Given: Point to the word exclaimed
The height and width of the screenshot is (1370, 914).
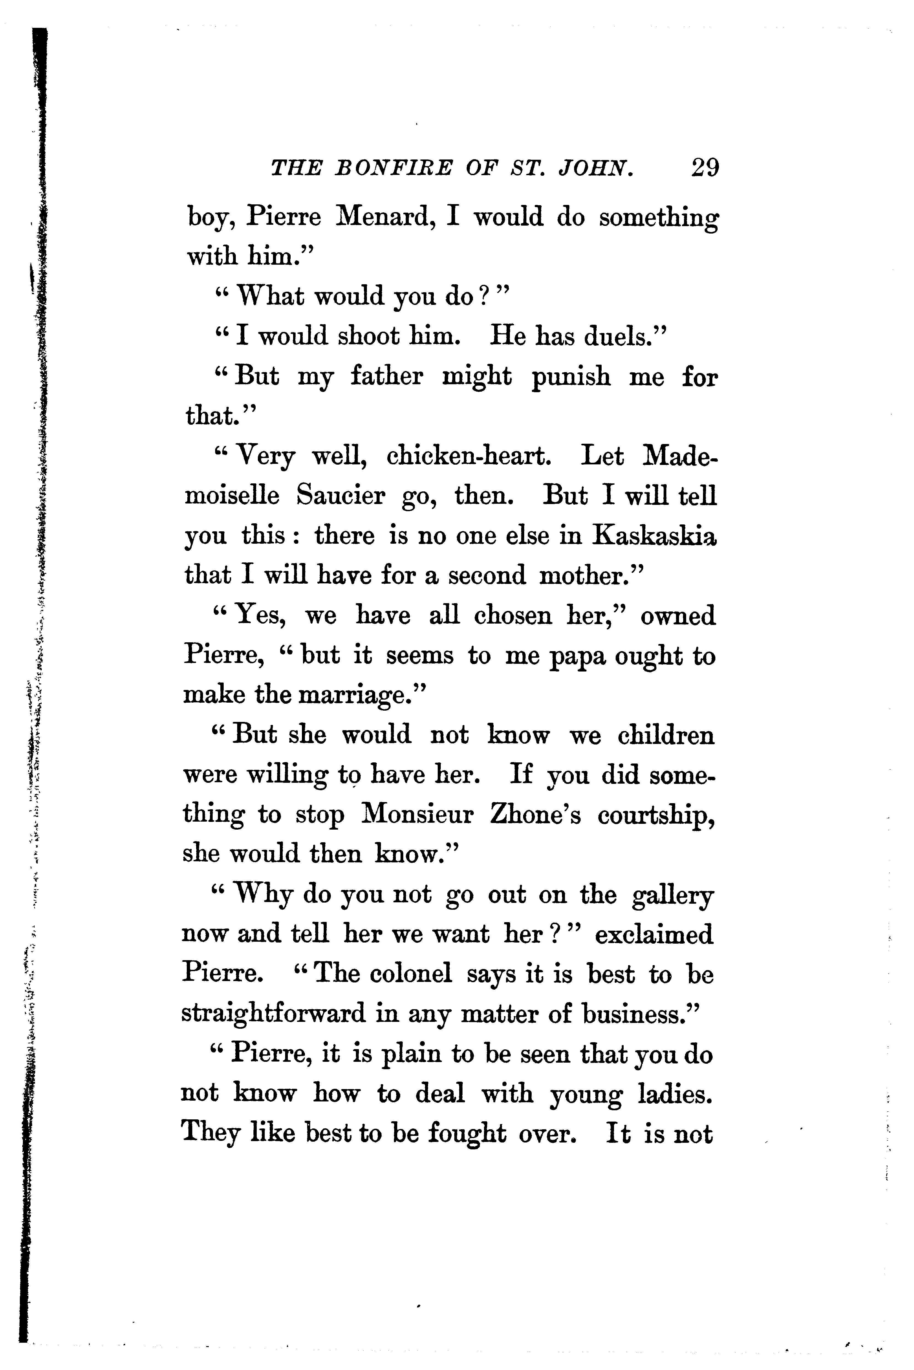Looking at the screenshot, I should [654, 934].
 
